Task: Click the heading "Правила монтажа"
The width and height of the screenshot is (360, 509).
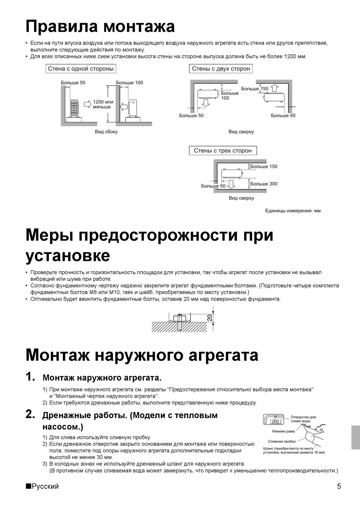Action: [x=100, y=27]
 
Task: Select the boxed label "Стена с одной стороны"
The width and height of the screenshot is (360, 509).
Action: [x=81, y=69]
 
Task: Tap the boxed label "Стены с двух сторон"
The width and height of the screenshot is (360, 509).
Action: [x=221, y=69]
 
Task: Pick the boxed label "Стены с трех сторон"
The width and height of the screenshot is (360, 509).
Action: [x=222, y=150]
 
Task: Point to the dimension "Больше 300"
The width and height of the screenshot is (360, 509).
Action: [x=264, y=184]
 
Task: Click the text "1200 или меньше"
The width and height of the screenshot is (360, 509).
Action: [x=103, y=104]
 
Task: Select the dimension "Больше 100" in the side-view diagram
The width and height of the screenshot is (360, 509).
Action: [x=129, y=83]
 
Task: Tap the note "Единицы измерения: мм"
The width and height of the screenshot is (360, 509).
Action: [x=293, y=211]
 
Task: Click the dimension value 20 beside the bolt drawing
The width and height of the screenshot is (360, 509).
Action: [x=210, y=317]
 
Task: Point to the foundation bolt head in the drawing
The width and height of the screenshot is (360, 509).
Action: [x=177, y=317]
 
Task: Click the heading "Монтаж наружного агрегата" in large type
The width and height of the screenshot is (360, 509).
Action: [x=142, y=355]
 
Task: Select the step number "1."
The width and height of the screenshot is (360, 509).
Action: [x=30, y=377]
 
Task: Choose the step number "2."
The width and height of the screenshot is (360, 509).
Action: [x=30, y=414]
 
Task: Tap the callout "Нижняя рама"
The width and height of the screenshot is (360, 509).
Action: [x=283, y=431]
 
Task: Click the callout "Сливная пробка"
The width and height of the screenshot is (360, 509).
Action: [x=282, y=441]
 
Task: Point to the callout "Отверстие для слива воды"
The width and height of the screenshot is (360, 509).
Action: [x=303, y=419]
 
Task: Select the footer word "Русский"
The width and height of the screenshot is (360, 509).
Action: [x=45, y=486]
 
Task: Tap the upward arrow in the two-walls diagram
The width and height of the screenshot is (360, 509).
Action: [x=274, y=88]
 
